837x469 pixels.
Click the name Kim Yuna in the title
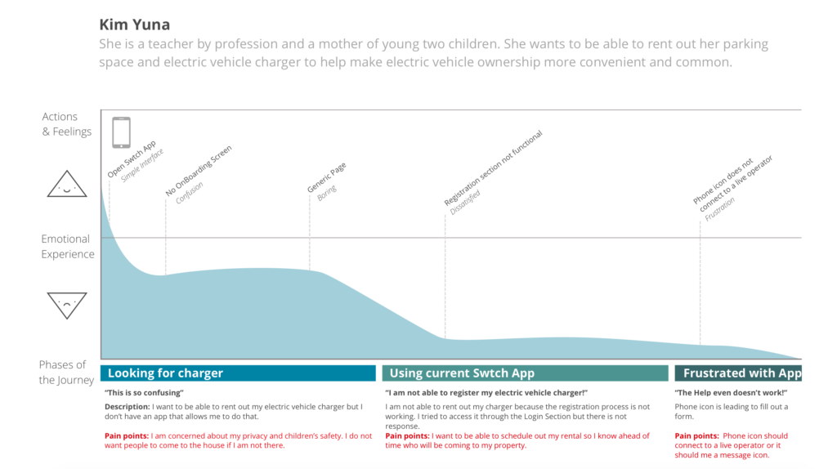(134, 25)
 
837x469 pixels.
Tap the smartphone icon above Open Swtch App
(121, 132)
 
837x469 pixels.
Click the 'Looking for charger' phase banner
(238, 373)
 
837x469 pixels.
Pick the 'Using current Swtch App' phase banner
(525, 373)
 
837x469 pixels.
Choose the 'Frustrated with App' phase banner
(738, 373)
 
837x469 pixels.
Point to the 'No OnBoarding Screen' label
(199, 172)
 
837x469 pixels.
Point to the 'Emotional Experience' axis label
(68, 247)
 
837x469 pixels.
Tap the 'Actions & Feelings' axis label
(67, 124)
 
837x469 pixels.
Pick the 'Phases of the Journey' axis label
(62, 373)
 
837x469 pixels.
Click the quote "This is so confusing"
(145, 393)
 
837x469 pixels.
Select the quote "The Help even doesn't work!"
(731, 393)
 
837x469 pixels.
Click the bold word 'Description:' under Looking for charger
(127, 406)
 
